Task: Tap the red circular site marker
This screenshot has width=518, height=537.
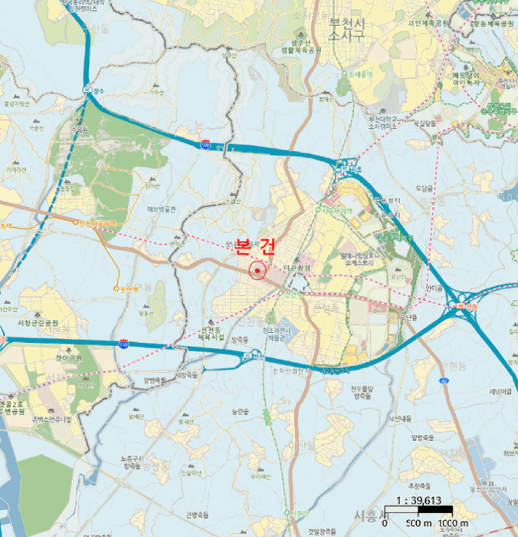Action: click(x=257, y=270)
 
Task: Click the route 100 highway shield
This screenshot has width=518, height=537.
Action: click(x=205, y=144)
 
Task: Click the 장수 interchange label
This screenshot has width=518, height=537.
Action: click(x=98, y=89)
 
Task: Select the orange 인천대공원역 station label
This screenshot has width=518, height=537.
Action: click(x=97, y=223)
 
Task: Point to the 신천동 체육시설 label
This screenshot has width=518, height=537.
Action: click(x=214, y=332)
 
